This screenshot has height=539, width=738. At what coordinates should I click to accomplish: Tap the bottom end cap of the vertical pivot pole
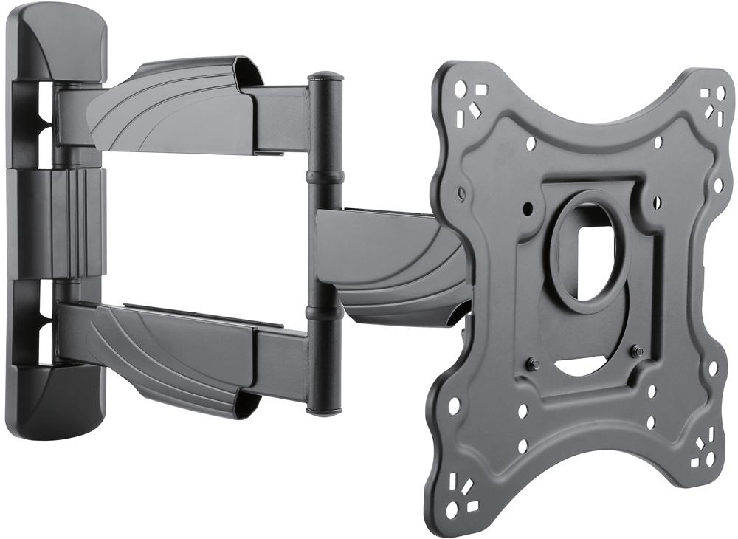coord(324,408)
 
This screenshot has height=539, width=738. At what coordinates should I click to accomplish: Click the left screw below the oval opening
coord(534,363)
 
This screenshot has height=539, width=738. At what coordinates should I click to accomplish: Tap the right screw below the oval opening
coord(638,351)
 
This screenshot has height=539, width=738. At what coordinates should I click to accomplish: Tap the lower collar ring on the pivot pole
coord(325,313)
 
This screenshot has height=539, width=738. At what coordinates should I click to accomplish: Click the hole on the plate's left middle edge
coord(461,195)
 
